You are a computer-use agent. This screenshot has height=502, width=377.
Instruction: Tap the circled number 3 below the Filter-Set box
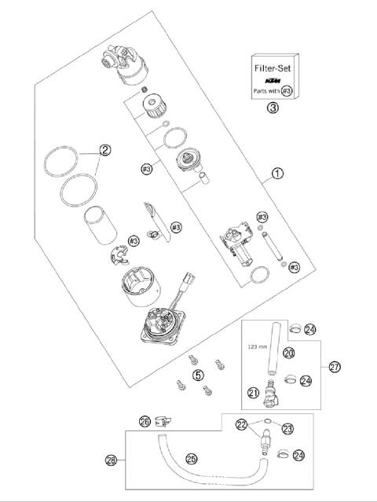click(x=272, y=108)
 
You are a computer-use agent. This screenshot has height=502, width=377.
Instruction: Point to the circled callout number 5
click(x=198, y=375)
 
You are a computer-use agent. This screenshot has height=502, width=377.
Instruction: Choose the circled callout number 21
click(x=254, y=393)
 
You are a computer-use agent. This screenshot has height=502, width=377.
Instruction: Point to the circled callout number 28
click(x=110, y=460)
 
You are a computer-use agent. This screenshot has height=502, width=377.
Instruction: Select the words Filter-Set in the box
click(x=272, y=69)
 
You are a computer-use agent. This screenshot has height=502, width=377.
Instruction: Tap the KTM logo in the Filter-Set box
click(x=272, y=81)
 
